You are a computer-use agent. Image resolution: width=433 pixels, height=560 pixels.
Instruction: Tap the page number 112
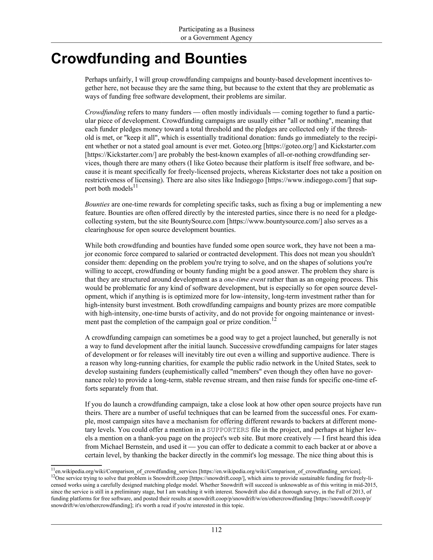(x=216, y=530)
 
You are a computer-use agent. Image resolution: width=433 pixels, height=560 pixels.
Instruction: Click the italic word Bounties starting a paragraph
(x=97, y=204)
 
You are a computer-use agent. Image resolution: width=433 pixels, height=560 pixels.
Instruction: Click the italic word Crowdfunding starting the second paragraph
(x=105, y=112)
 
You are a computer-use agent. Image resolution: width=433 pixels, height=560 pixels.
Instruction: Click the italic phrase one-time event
(x=244, y=280)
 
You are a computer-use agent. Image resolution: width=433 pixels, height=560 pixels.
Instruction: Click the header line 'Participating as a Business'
(x=216, y=29)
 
